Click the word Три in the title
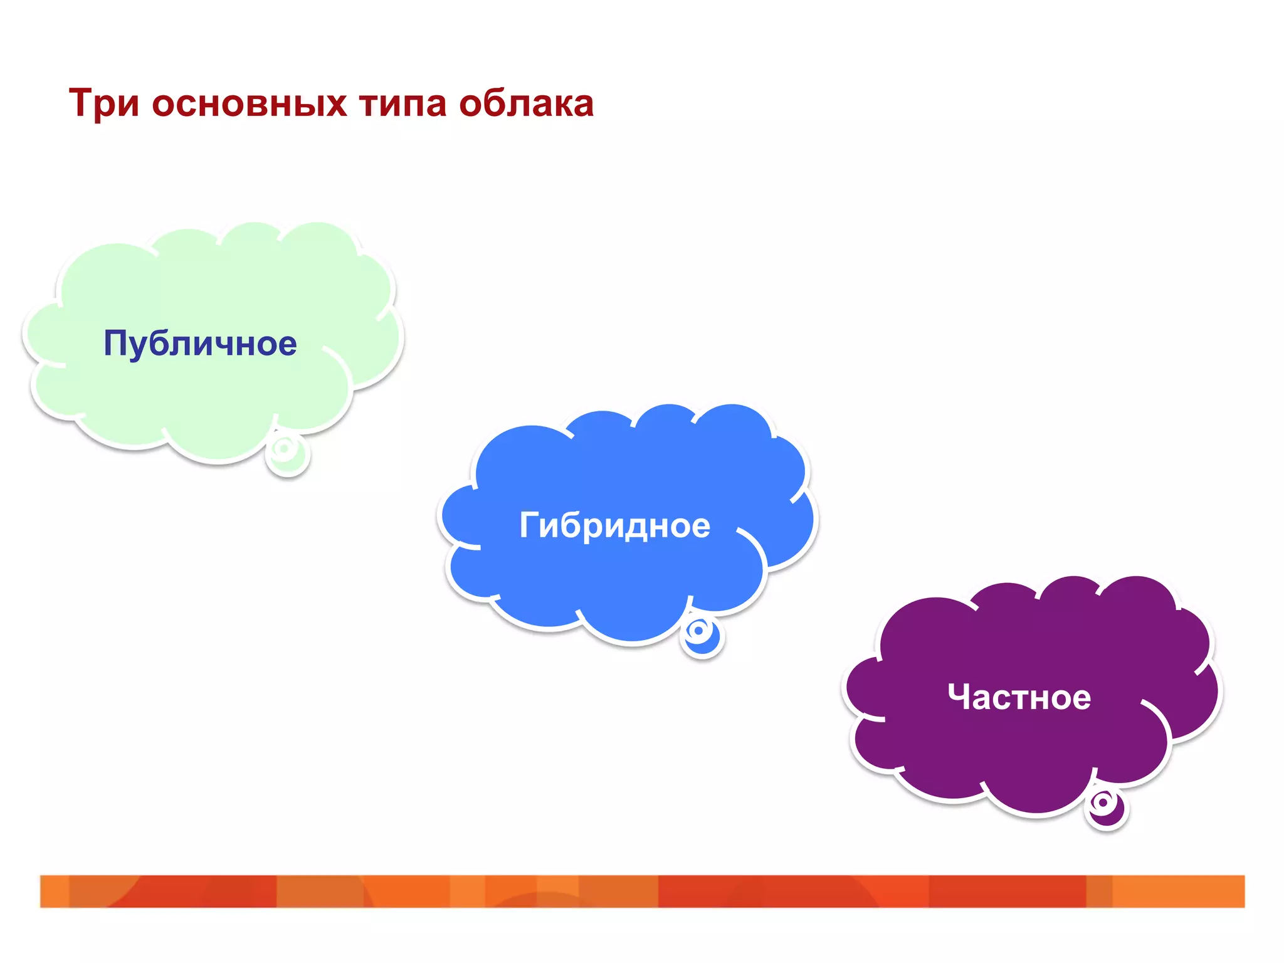pyautogui.click(x=103, y=103)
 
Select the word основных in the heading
pyautogui.click(x=249, y=104)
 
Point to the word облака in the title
pyautogui.click(x=526, y=104)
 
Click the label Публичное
pyautogui.click(x=200, y=344)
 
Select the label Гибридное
pyautogui.click(x=614, y=525)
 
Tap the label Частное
pyautogui.click(x=1019, y=697)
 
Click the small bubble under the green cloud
pyautogui.click(x=287, y=454)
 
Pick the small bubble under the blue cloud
pyautogui.click(x=702, y=636)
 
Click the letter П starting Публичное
pyautogui.click(x=117, y=343)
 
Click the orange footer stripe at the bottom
pyautogui.click(x=642, y=891)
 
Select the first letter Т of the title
pyautogui.click(x=82, y=103)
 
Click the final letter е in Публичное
pyautogui.click(x=286, y=346)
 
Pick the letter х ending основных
pyautogui.click(x=337, y=105)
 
